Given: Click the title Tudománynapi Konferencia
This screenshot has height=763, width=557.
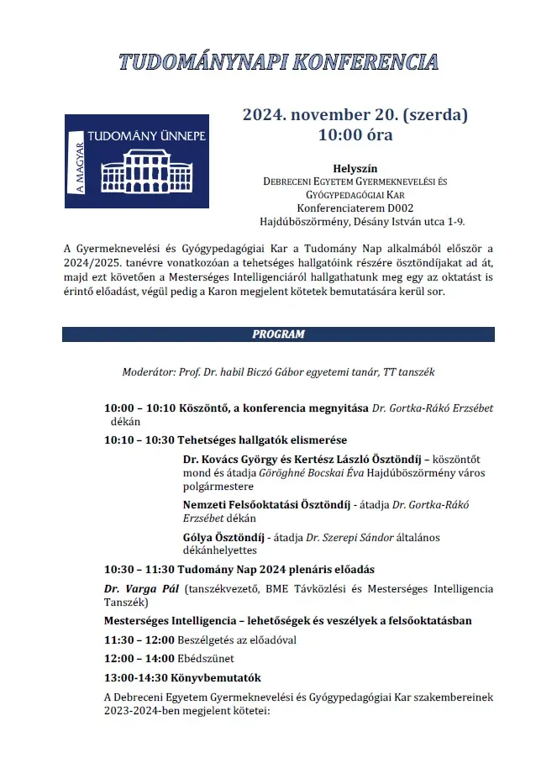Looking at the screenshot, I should pyautogui.click(x=278, y=61).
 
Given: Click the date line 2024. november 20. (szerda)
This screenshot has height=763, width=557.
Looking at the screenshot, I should pyautogui.click(x=355, y=115).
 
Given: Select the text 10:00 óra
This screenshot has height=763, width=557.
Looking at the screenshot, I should pyautogui.click(x=355, y=134).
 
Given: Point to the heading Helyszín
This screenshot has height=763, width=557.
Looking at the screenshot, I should pyautogui.click(x=355, y=168).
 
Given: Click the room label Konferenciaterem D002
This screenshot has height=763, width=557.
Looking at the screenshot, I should pyautogui.click(x=355, y=208).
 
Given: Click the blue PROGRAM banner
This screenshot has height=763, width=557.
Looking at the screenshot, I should pyautogui.click(x=278, y=334).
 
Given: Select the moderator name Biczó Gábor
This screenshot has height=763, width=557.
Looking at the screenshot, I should pyautogui.click(x=343, y=371).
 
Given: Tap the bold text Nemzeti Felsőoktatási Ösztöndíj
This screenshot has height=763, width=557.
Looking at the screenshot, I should pyautogui.click(x=265, y=505).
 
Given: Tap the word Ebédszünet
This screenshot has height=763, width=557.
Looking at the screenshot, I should pyautogui.click(x=206, y=659).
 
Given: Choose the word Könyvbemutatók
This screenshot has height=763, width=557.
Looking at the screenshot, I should pyautogui.click(x=227, y=677).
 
